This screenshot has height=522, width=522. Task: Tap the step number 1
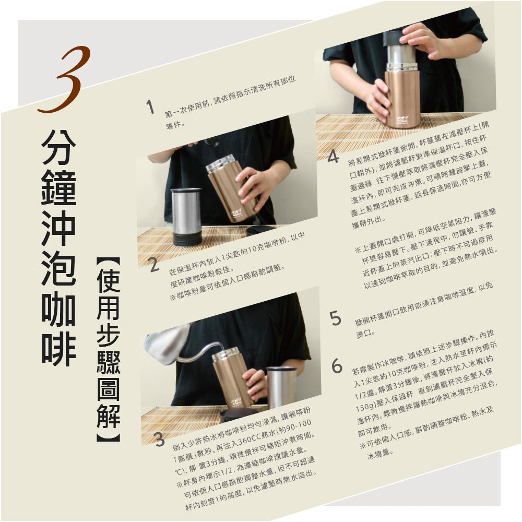coord(150,108)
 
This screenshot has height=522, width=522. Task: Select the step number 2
coord(154,265)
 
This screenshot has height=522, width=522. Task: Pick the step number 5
coord(336,318)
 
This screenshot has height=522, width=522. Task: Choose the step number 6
coord(337,366)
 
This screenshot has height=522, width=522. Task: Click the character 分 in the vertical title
coord(58,146)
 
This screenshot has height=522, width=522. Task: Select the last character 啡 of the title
coord(58,350)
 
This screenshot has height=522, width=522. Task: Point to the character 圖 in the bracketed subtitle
coord(108,388)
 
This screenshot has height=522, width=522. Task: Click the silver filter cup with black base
coord(186,217)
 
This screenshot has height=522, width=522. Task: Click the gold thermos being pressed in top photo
coord(402,97)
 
